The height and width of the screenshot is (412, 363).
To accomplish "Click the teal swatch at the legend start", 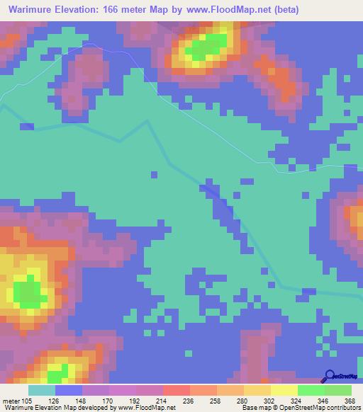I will pyautogui.click(x=42, y=390).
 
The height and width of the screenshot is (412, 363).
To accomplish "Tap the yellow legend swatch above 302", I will pyautogui.click(x=257, y=390).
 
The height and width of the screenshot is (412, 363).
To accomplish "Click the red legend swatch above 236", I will pyautogui.click(x=177, y=390).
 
